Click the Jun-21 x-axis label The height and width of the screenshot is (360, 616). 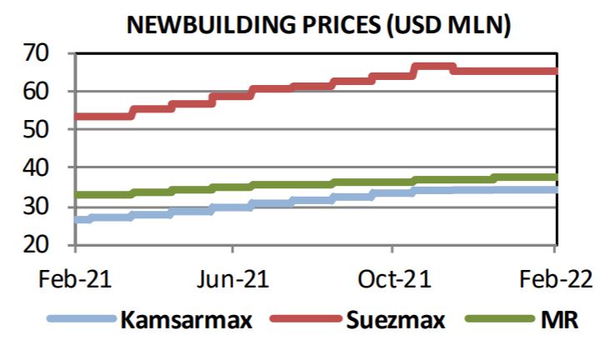[x=233, y=278]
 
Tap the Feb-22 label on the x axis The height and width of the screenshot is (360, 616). [x=554, y=278]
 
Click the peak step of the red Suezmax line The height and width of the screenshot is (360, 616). [x=433, y=67]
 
